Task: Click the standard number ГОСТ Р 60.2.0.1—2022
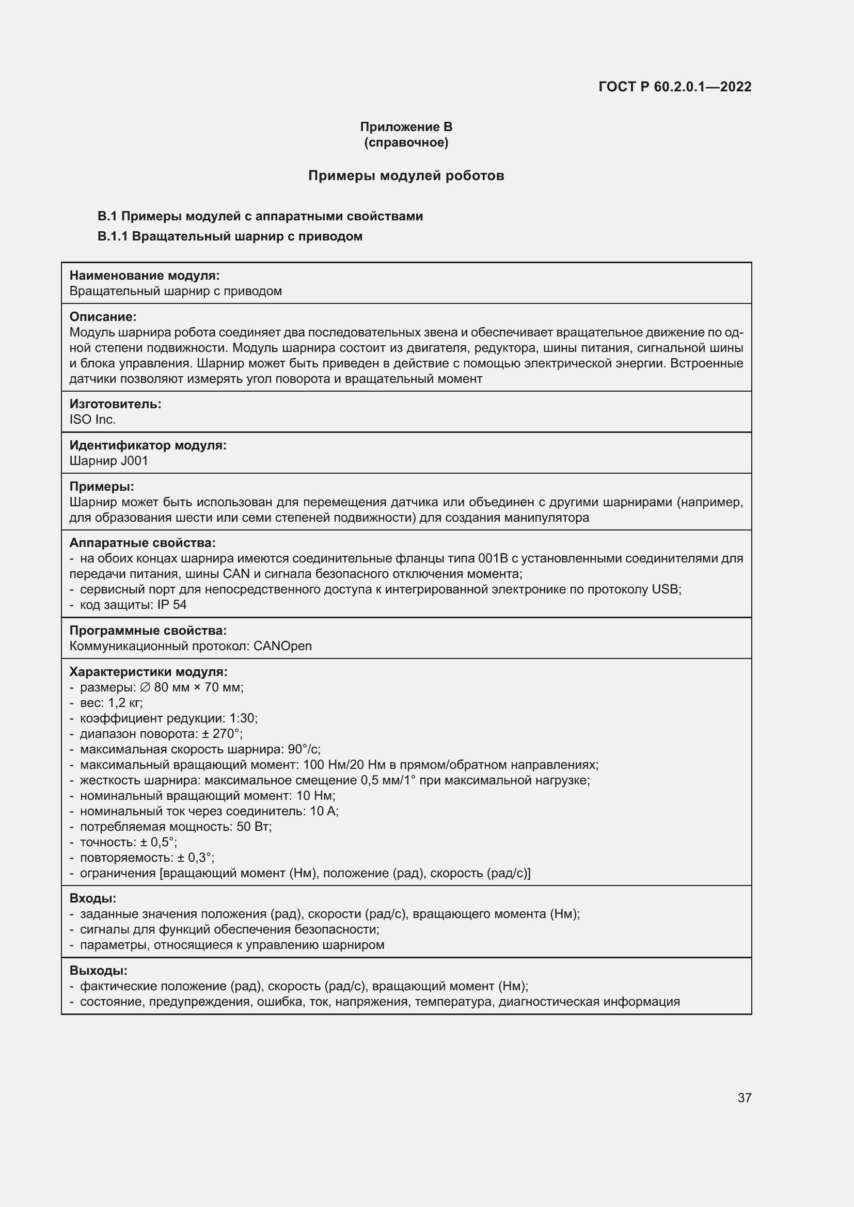point(675,87)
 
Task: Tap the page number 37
point(744,1098)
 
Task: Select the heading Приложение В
point(406,127)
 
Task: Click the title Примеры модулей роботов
point(406,175)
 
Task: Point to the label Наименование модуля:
point(145,276)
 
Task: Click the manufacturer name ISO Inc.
point(92,420)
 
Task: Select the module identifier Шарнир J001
point(109,461)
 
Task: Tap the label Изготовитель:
point(115,404)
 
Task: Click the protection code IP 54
point(172,605)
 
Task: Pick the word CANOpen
point(282,646)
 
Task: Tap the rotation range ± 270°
point(221,734)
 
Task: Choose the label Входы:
point(92,898)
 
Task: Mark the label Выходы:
point(98,971)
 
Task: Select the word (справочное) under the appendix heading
point(406,142)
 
